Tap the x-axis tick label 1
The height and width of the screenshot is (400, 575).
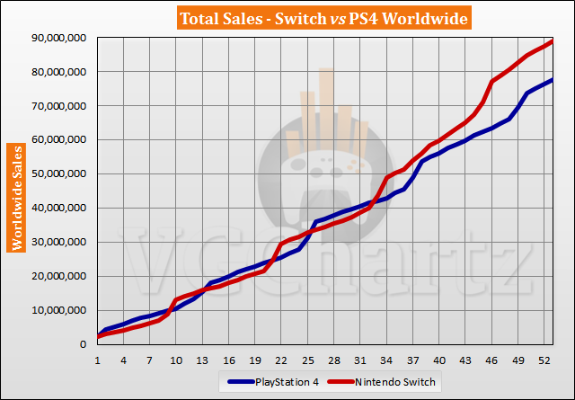pos(97,360)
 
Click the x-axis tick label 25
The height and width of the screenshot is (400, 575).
pos(308,360)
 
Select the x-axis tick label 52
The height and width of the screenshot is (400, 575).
pos(544,360)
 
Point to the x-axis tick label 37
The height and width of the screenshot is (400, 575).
pos(413,360)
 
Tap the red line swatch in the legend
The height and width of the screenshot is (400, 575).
pos(342,382)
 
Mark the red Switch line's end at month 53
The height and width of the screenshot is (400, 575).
pos(553,40)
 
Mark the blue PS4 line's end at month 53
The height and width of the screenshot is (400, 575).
pos(553,80)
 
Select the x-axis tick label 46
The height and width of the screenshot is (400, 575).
pos(492,360)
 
